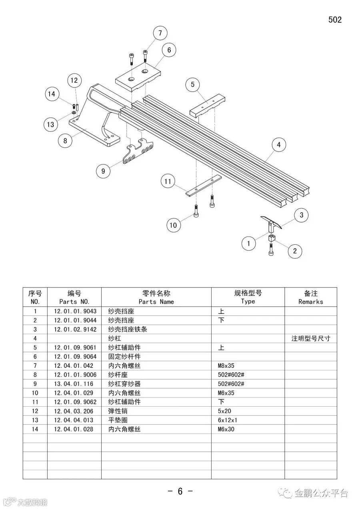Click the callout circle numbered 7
pyautogui.click(x=160, y=33)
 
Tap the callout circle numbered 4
pyautogui.click(x=279, y=145)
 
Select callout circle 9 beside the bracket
pyautogui.click(x=103, y=171)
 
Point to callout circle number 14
pyautogui.click(x=52, y=94)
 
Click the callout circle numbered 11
pyautogui.click(x=168, y=182)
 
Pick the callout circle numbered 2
pyautogui.click(x=295, y=251)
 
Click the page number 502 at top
pyautogui.click(x=335, y=20)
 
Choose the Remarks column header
pyautogui.click(x=310, y=297)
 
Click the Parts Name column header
pyautogui.click(x=156, y=297)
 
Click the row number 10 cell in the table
pyautogui.click(x=35, y=393)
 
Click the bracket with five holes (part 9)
pyautogui.click(x=138, y=152)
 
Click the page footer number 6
pyautogui.click(x=180, y=491)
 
